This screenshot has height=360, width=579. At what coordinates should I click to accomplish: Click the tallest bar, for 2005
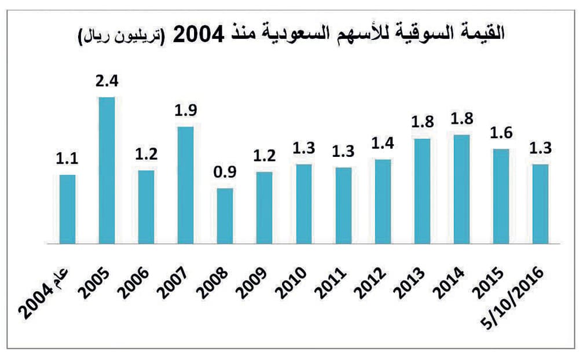[107, 171]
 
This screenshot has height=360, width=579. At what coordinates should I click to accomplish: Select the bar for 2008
[225, 216]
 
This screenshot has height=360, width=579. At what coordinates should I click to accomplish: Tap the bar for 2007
[185, 185]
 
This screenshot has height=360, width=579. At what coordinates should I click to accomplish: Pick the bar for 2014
[461, 189]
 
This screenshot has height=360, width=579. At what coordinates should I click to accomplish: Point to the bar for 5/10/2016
[540, 204]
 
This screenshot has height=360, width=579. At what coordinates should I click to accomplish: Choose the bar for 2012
[382, 201]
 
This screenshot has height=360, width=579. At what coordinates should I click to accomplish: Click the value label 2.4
[107, 82]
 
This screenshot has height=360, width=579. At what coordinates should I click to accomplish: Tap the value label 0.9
[225, 173]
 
